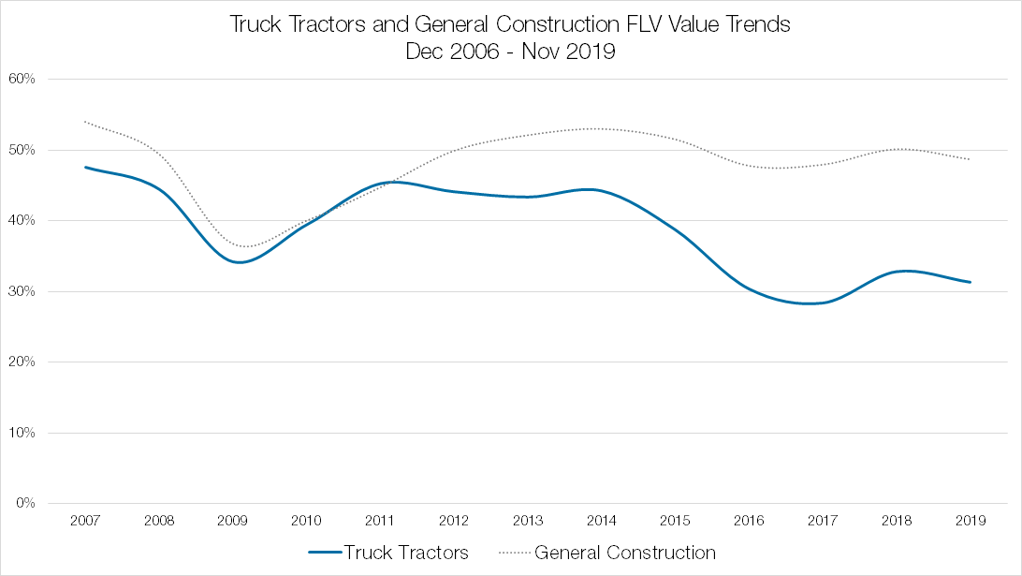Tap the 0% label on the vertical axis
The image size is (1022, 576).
(x=26, y=503)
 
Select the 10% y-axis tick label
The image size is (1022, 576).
(x=23, y=433)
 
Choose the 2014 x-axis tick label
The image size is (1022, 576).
(x=602, y=520)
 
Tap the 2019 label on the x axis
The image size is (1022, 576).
(x=971, y=520)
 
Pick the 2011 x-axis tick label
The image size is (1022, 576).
(x=380, y=520)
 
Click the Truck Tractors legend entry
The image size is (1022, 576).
(x=405, y=553)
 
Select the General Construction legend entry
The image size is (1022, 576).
(x=624, y=553)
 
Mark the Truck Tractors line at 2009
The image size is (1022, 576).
(x=232, y=261)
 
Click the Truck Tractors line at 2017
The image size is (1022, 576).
(x=823, y=303)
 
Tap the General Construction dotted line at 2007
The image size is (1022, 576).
(x=84, y=122)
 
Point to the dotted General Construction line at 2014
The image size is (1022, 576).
(x=602, y=128)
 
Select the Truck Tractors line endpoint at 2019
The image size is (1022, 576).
(x=971, y=282)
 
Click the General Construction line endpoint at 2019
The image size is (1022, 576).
(x=971, y=159)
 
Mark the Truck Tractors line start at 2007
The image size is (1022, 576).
(x=84, y=167)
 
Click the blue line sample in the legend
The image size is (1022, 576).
(x=323, y=554)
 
